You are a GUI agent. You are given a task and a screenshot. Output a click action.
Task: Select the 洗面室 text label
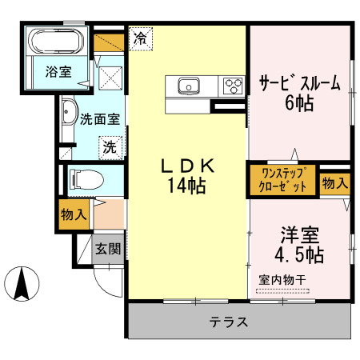click(100, 120)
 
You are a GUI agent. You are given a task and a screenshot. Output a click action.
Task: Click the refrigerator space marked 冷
click(141, 37)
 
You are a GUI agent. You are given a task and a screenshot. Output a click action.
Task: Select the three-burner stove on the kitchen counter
click(233, 85)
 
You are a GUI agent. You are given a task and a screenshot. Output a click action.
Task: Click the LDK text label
click(188, 166)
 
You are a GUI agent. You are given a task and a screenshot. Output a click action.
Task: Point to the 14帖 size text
click(188, 186)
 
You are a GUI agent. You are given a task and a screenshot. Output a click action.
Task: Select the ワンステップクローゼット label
click(283, 179)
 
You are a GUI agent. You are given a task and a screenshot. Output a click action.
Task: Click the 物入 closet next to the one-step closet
click(335, 182)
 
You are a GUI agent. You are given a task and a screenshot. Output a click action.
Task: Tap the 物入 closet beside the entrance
click(74, 215)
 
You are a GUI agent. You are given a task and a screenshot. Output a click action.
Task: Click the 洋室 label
click(299, 236)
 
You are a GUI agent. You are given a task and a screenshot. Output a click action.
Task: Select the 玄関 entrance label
click(108, 249)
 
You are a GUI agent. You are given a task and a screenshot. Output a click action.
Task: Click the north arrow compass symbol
click(24, 285)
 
